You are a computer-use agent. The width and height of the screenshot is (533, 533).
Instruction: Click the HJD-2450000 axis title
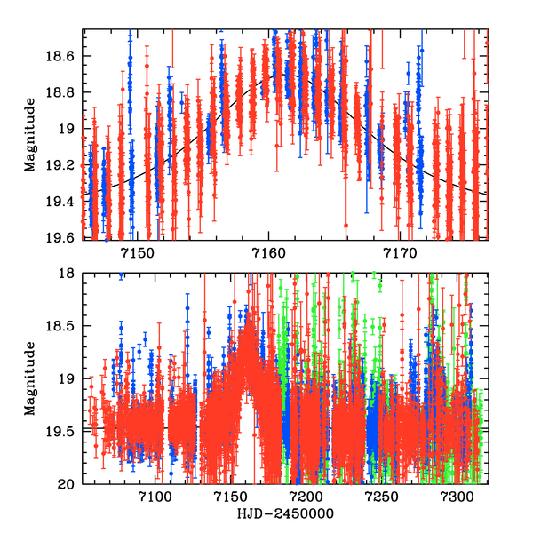point(285,514)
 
